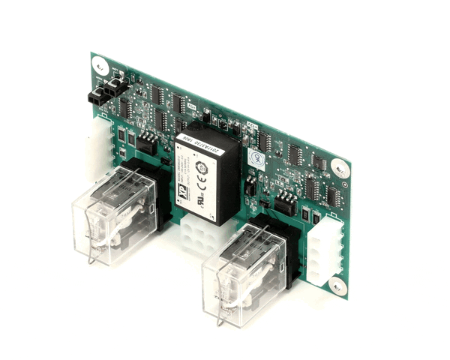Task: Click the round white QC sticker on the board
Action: pyautogui.click(x=256, y=159)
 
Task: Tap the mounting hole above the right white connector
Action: pyautogui.click(x=340, y=168)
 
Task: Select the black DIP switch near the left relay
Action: pyautogui.click(x=148, y=142)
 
